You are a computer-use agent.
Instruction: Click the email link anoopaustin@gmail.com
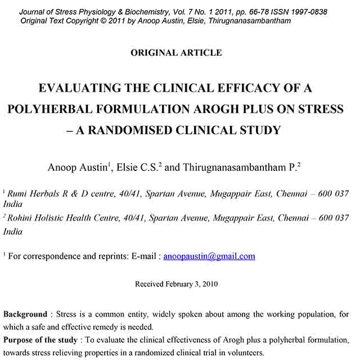(209, 256)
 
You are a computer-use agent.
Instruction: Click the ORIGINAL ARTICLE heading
(176, 53)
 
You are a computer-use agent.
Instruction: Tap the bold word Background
(25, 314)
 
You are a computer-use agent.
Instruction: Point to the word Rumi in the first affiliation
(19, 194)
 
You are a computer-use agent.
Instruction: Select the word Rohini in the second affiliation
(21, 218)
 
